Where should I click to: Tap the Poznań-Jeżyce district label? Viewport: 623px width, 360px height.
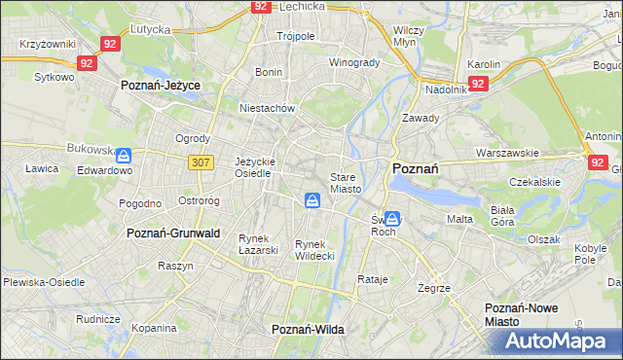(161, 86)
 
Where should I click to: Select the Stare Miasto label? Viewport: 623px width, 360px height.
(346, 183)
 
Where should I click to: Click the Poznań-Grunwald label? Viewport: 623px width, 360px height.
(173, 234)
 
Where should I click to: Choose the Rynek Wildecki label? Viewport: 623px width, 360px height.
(315, 250)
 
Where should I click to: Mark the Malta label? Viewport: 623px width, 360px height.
(459, 219)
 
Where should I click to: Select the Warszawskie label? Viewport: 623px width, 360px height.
(507, 153)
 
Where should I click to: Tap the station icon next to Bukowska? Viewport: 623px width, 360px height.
(125, 154)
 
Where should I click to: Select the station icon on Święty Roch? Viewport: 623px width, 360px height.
(391, 219)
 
